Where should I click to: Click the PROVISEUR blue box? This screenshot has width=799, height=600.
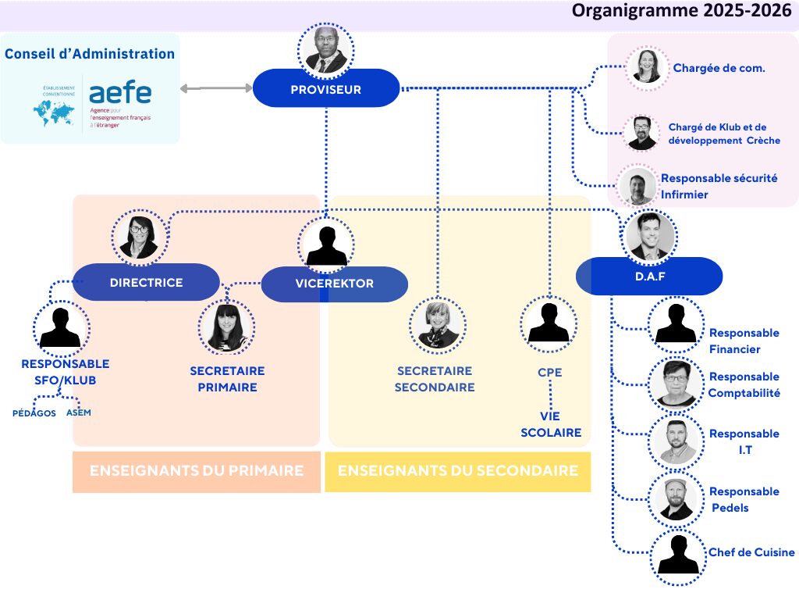point(326,89)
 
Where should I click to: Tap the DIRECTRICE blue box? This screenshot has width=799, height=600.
point(147,282)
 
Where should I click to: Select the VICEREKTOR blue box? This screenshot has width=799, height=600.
point(334,284)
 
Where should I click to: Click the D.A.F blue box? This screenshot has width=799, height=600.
point(649,276)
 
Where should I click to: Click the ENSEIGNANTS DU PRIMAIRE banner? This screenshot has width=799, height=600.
point(197,471)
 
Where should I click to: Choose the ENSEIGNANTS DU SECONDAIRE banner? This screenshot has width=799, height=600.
point(458,471)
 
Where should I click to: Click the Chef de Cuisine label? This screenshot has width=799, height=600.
point(751,552)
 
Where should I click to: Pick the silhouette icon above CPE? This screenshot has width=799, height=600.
point(549,323)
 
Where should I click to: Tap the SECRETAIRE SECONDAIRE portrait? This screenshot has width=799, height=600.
point(438,324)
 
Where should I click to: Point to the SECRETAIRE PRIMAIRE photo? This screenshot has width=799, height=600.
point(226,326)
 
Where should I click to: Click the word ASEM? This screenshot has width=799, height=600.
point(79,412)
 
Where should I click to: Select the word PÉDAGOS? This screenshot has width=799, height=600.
point(34,413)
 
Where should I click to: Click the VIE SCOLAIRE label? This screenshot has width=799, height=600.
point(551,424)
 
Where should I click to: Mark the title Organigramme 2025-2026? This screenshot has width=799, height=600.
point(682,12)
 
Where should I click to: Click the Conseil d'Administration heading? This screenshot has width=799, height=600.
point(90,54)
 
